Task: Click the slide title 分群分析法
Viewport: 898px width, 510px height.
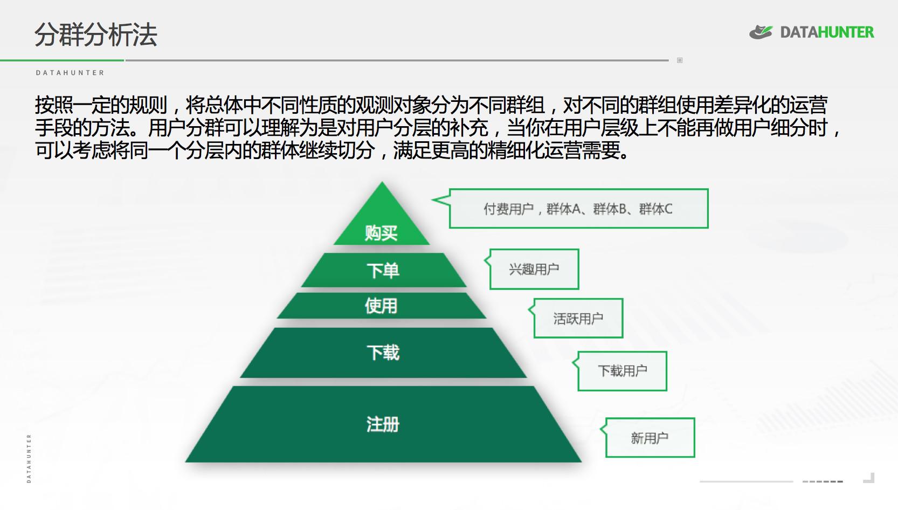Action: point(96,35)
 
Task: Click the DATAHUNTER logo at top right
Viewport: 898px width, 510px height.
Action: point(812,32)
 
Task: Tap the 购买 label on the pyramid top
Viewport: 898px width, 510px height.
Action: point(381,233)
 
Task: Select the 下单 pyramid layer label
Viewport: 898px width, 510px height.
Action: point(383,270)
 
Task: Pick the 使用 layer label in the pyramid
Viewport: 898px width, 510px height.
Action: point(381,306)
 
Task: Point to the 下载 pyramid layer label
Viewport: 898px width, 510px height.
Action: point(383,353)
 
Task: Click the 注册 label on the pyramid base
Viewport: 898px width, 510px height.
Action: point(383,424)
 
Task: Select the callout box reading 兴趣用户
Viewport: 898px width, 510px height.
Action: point(534,269)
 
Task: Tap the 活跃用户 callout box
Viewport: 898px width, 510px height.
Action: point(578,319)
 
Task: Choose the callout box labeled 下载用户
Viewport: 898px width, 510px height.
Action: point(622,371)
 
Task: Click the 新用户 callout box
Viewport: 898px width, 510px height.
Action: point(650,438)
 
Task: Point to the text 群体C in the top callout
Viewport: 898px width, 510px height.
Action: point(656,209)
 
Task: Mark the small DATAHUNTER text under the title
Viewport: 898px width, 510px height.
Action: point(70,73)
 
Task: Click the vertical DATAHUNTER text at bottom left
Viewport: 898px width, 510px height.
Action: point(29,458)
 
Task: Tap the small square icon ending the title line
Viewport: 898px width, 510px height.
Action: point(680,60)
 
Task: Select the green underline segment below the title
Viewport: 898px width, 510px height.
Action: point(62,60)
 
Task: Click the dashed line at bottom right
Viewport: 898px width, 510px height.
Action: point(823,481)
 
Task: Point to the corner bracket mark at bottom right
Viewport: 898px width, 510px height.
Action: point(869,478)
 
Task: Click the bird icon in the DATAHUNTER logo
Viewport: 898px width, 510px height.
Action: point(761,32)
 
